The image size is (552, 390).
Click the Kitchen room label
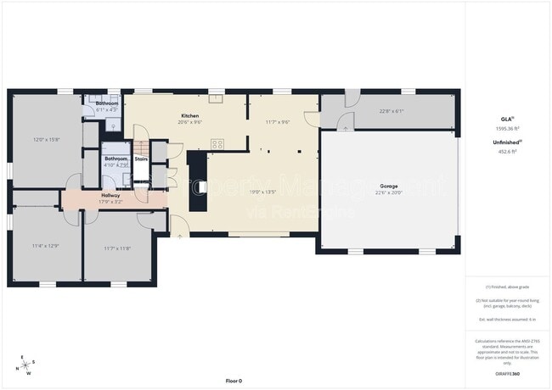pos(189,115)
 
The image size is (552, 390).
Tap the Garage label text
pos(389,185)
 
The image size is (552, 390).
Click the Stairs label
pos(142,158)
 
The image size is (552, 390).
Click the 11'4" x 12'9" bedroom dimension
pos(45,246)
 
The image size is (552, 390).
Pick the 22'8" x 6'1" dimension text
pos(391,111)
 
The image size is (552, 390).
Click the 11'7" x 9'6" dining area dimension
pos(277,122)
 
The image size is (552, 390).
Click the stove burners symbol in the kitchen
pos(217,143)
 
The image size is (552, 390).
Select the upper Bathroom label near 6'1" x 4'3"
pos(106,103)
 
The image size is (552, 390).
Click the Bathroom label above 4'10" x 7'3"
pos(115,159)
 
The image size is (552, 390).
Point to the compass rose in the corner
pos(23,365)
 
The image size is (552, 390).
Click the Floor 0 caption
pos(234,381)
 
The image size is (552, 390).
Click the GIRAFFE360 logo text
pos(506,374)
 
